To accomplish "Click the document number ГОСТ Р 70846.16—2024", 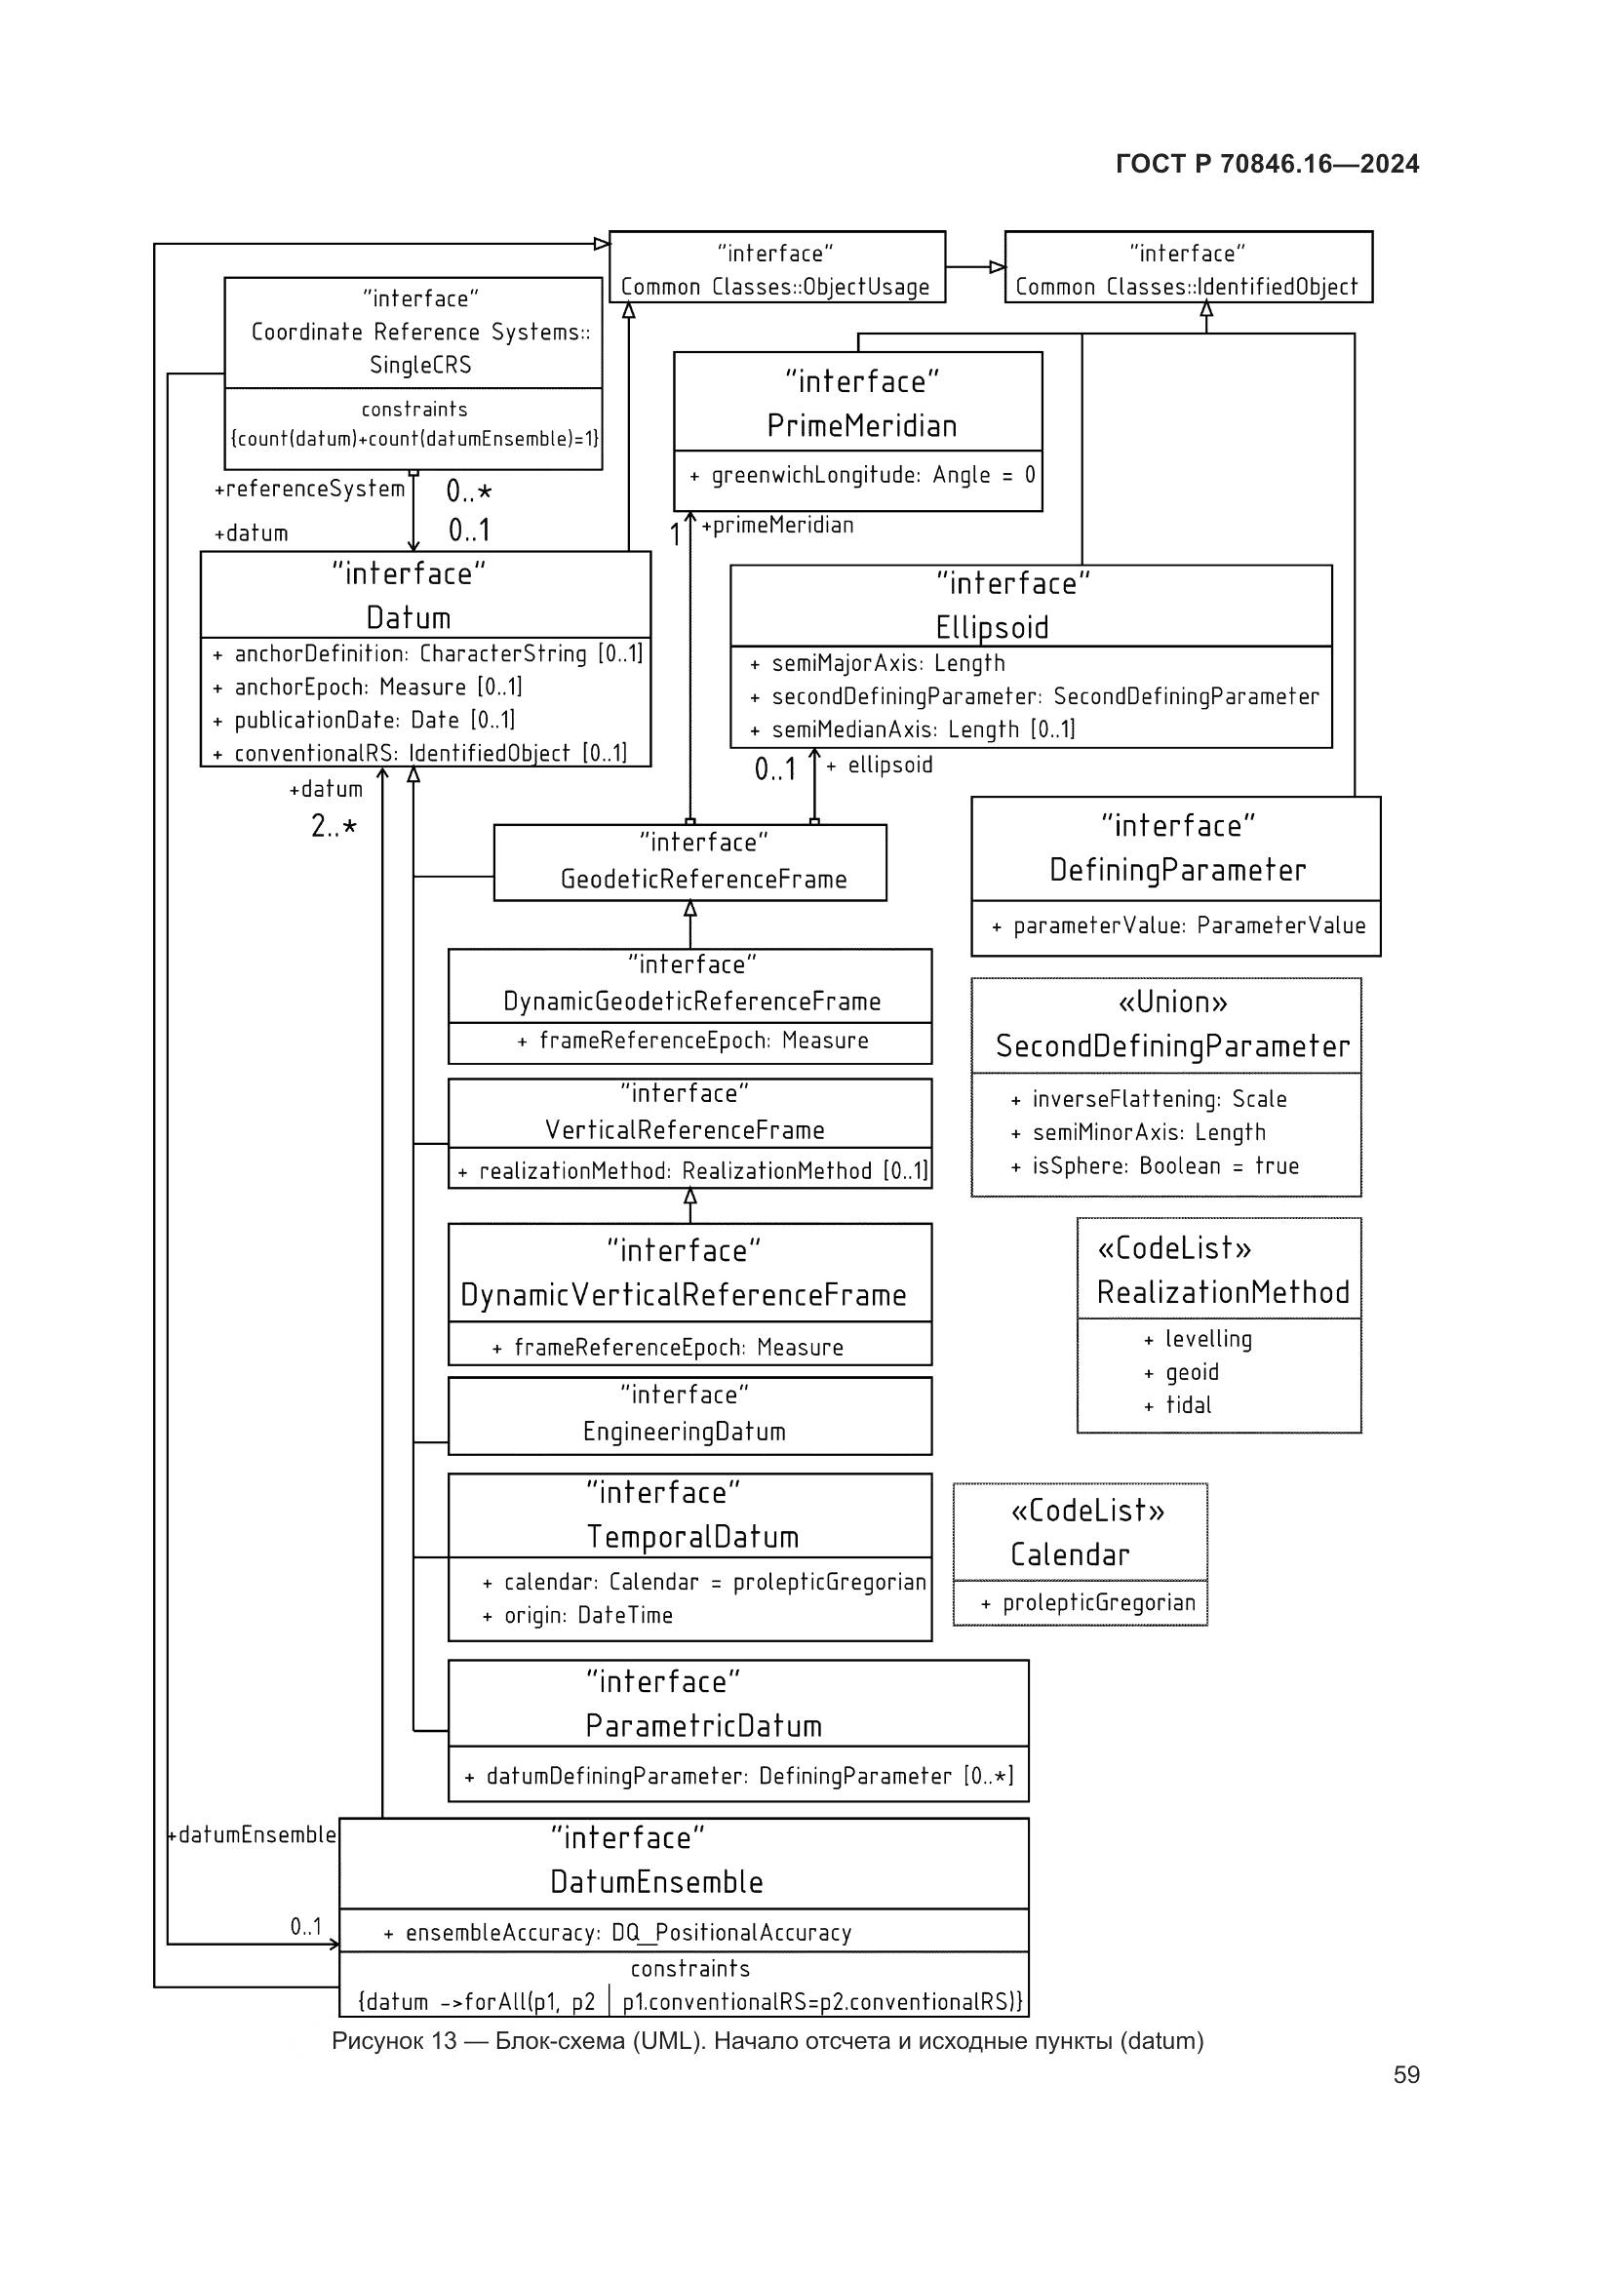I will pos(1267,164).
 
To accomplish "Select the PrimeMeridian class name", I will pos(861,426).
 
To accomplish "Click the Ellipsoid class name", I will pos(991,627).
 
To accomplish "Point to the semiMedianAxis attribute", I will pos(912,729).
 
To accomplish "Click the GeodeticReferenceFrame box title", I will pos(703,880).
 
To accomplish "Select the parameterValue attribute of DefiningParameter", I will pos(1178,925).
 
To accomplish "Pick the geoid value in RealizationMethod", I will pos(1191,1372).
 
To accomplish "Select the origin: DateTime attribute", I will pos(578,1615).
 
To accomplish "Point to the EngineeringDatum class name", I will pos(684,1432).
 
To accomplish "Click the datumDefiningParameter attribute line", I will pos(739,1776).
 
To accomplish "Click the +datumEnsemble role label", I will pos(253,1835).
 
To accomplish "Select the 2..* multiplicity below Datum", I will pos(334,826).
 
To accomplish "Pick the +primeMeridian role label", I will pos(777,526).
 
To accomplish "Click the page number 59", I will pos(1405,2074).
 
